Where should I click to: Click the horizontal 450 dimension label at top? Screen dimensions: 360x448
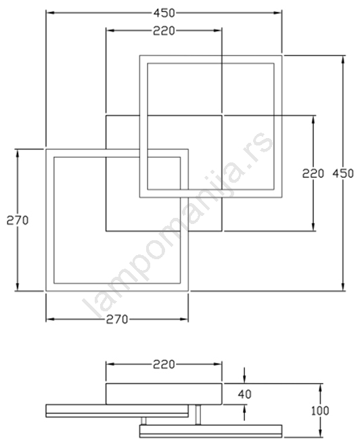tap(164, 13)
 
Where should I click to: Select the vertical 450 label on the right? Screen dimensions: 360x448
tap(343, 173)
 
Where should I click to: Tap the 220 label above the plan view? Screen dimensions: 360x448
tap(164, 31)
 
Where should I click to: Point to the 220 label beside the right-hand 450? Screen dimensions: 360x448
tap(313, 173)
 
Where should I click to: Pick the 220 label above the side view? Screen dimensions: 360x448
tap(164, 364)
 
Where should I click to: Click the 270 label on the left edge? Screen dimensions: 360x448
tap(18, 221)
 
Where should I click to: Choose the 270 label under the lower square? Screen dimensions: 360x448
tap(117, 319)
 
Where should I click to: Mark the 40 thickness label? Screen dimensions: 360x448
tap(244, 395)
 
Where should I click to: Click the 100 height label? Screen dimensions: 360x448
tap(320, 411)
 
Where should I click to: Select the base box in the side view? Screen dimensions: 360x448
tap(164, 394)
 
